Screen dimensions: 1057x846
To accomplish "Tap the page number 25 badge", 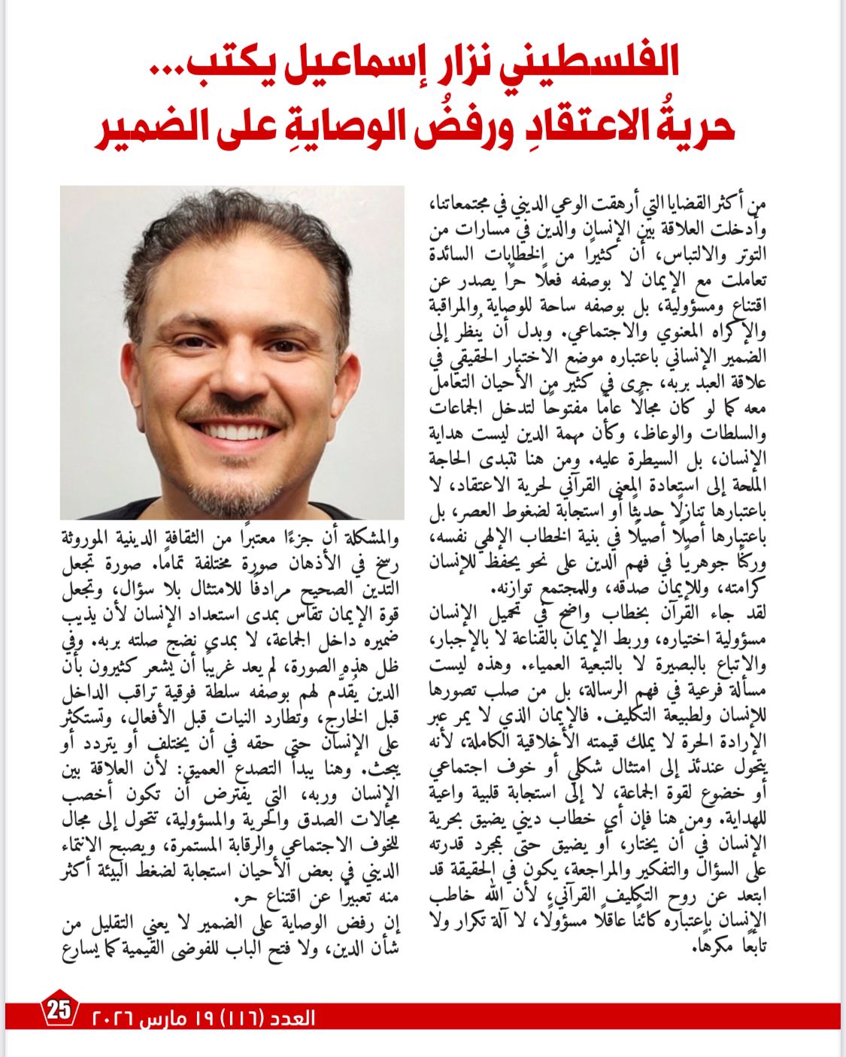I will pyautogui.click(x=59, y=1010).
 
